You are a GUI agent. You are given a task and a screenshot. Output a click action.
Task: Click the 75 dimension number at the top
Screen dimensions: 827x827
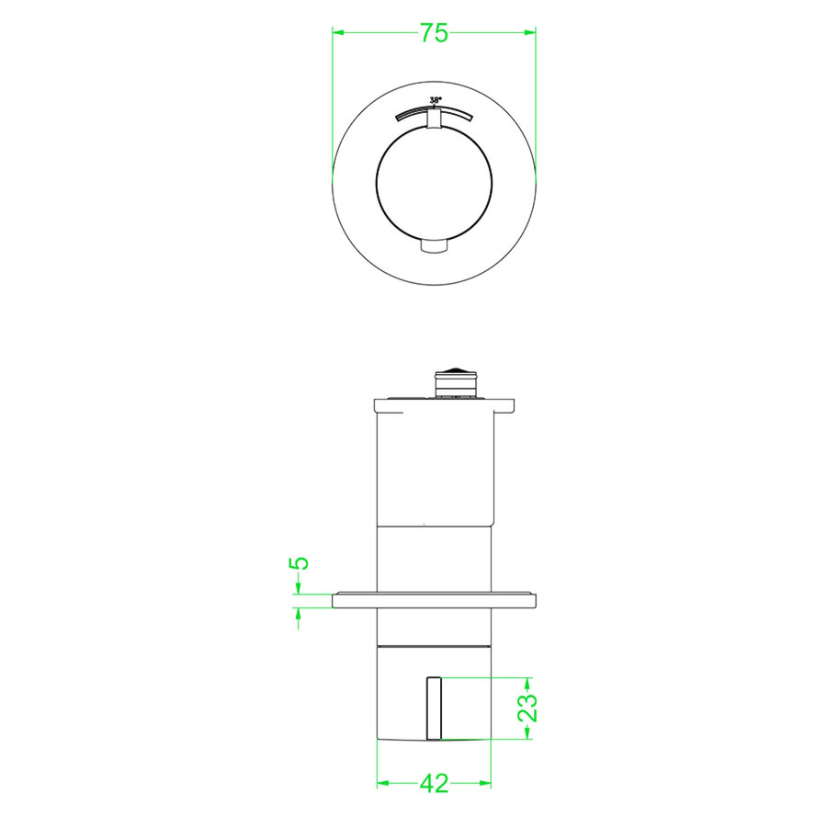coord(434,33)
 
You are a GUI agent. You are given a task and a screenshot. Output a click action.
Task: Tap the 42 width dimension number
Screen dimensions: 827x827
coord(434,784)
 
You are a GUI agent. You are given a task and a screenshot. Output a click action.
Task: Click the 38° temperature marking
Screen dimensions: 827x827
coord(435,99)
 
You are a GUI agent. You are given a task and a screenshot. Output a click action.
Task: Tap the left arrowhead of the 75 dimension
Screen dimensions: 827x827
coord(337,33)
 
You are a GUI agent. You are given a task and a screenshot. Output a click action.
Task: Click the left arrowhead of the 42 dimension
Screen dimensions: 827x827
coord(383,784)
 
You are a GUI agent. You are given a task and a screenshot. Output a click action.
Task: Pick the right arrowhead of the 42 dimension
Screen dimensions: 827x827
coord(485,784)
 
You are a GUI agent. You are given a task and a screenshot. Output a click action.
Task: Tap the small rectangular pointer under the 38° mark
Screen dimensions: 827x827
coord(435,119)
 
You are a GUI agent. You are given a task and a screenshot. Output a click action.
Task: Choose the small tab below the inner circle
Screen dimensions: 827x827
coord(434,246)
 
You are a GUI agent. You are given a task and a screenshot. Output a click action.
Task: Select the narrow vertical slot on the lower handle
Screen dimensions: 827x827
coord(434,708)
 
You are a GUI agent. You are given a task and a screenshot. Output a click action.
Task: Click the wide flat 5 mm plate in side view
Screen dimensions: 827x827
coord(434,602)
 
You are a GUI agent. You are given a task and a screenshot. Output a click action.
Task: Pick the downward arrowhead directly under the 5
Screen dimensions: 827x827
coord(298,588)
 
